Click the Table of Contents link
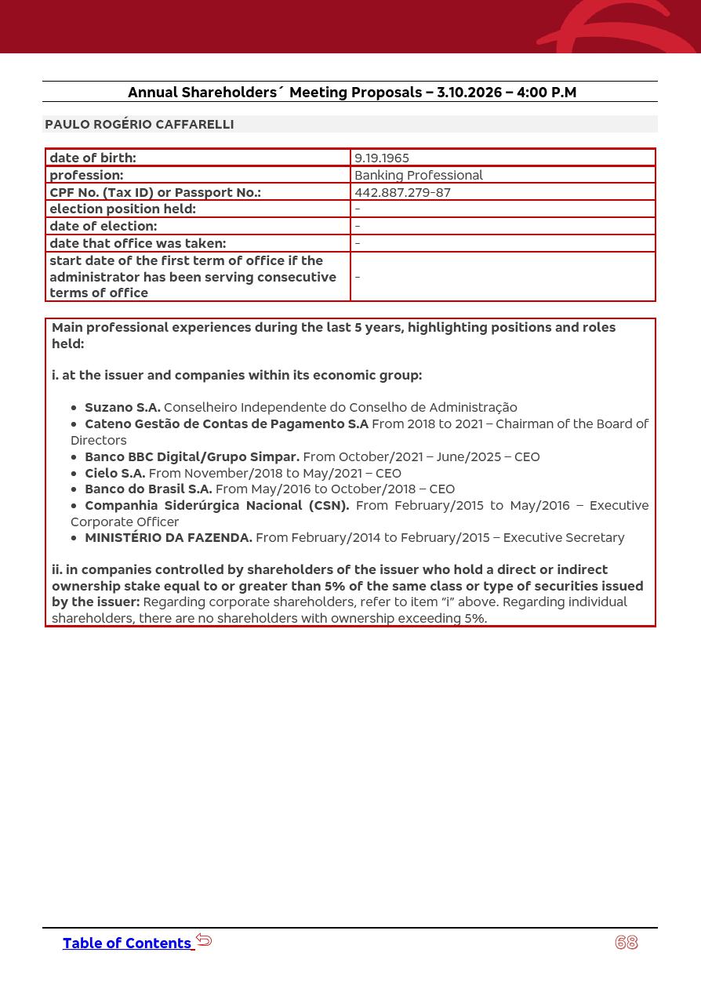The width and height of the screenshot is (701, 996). point(126,943)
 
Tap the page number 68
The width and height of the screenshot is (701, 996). point(627,943)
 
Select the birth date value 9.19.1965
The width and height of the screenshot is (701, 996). point(382,158)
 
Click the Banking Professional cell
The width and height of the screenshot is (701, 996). point(419,175)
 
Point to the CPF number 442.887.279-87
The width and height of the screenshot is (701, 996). point(402,192)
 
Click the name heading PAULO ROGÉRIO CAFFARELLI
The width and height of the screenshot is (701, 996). point(140,124)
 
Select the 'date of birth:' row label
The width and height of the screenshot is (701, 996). point(93,158)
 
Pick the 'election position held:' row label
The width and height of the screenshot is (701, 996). point(122,209)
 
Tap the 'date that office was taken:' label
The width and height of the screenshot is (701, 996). point(137,243)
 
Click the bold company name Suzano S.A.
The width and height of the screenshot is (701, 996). point(122,407)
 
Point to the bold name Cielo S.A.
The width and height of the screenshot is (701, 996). point(114,473)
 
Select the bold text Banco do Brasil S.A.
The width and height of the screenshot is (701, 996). point(148,489)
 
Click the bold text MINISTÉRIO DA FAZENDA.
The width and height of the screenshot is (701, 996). point(169,537)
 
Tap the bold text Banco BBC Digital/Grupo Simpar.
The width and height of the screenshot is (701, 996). point(192,456)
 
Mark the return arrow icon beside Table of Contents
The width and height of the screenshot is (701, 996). point(204,940)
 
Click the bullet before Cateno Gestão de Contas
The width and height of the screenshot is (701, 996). point(74,424)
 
